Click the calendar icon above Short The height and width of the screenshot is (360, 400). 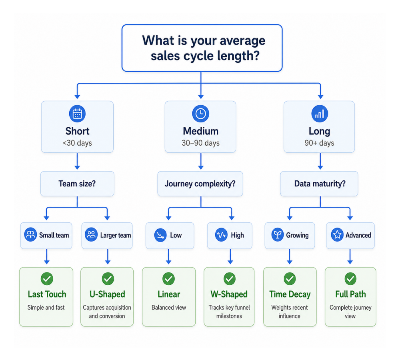77,114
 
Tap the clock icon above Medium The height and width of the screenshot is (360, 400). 200,114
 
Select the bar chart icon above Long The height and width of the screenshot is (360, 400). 320,114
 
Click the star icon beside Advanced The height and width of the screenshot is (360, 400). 337,234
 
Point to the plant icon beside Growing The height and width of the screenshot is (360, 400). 278,234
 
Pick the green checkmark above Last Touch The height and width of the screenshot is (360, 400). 47,279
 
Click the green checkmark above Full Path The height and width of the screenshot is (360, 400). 350,279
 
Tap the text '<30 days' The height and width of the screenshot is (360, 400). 77,143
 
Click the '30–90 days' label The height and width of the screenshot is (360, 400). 200,143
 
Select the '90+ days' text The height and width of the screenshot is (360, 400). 319,143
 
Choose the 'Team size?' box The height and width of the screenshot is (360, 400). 77,184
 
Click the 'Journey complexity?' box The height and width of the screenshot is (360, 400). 200,184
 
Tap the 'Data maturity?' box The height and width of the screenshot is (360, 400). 319,184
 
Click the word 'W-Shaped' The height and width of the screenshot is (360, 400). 229,294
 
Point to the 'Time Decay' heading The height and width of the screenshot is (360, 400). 290,294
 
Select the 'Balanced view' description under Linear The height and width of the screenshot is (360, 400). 169,308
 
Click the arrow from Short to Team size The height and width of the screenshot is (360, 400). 77,161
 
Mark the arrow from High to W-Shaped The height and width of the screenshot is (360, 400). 230,257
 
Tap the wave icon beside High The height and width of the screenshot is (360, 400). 221,234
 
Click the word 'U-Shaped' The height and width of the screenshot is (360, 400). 107,294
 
